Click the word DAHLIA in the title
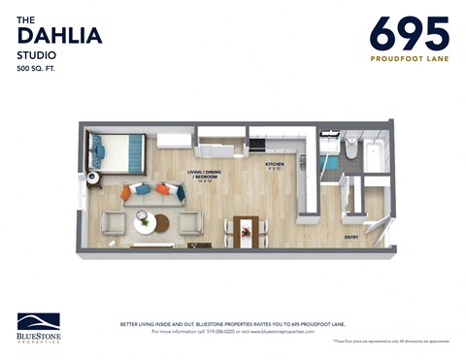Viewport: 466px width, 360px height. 59,37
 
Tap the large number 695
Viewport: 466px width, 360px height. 409,34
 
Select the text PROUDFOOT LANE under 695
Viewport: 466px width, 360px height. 409,58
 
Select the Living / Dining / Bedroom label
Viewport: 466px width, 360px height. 203,175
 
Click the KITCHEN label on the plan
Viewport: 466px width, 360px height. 275,165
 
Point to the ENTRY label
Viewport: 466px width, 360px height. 350,236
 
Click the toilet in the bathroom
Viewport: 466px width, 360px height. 351,148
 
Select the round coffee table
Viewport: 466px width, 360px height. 146,224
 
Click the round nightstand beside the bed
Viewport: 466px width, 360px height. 93,178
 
